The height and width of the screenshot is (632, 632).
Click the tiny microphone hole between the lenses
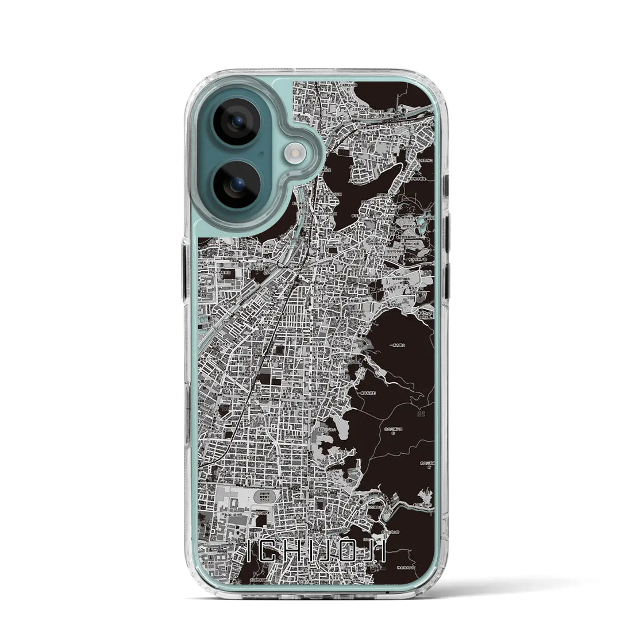[x=261, y=153]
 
